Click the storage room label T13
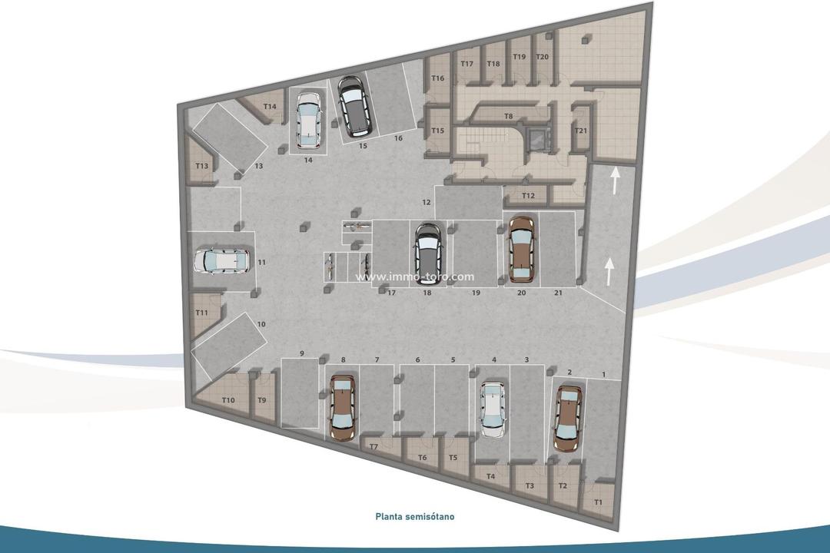point(202,166)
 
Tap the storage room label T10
point(228,400)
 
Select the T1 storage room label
point(599,502)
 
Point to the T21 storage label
point(581,131)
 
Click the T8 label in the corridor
point(508,116)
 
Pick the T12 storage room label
point(528,197)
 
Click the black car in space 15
point(354,106)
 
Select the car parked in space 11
point(222,261)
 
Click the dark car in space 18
point(427,254)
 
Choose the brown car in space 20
point(521,247)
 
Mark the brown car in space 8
point(342,407)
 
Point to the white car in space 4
point(493,409)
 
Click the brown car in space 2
point(567,418)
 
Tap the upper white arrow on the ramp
point(614,180)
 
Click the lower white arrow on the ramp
point(609,270)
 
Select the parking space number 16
point(398,138)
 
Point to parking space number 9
point(302,353)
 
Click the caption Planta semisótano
point(415,517)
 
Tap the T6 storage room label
point(422,458)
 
